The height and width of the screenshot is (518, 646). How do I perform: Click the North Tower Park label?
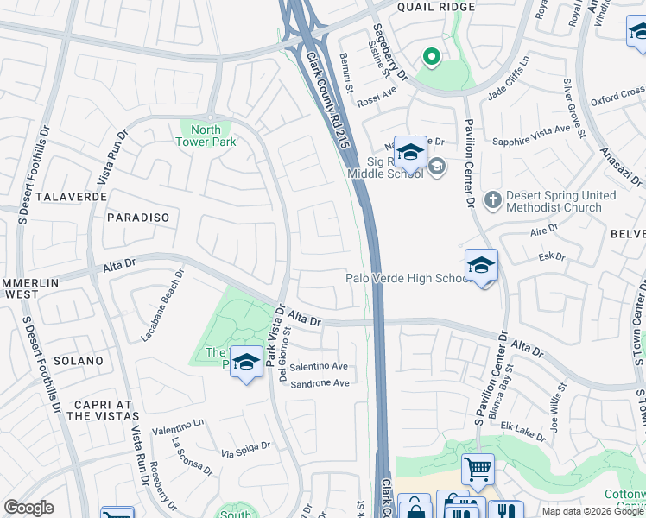point(206,136)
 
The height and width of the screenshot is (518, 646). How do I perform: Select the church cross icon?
point(493,200)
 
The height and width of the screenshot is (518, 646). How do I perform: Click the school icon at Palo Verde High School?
point(481,266)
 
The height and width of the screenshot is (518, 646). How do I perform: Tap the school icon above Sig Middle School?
point(410,153)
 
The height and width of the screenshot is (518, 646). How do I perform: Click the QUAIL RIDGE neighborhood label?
point(436,7)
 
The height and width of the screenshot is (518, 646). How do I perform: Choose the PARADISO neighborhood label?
point(138,218)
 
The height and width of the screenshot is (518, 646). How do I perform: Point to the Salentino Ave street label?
point(319,367)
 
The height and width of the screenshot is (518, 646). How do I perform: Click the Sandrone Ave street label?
point(319,383)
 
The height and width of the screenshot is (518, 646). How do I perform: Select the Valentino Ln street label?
point(178,423)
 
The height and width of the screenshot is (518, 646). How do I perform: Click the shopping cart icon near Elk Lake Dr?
point(478,470)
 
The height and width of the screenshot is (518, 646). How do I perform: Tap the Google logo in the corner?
point(28,508)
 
